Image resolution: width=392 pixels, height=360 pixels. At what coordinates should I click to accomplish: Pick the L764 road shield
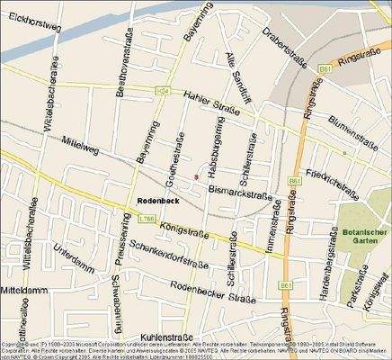click(x=163, y=90)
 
